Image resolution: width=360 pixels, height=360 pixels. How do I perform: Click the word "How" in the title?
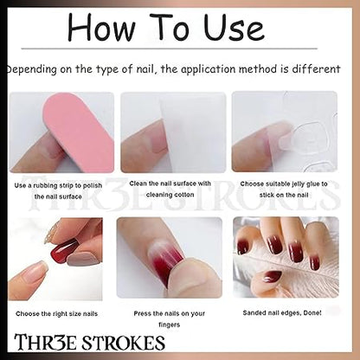point(101,27)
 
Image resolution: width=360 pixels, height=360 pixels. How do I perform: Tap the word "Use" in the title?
point(234,27)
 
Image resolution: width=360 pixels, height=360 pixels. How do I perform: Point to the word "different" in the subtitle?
point(316,69)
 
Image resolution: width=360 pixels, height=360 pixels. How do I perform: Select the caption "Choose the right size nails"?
point(57,313)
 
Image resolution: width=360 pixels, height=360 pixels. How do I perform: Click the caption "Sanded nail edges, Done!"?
point(282,312)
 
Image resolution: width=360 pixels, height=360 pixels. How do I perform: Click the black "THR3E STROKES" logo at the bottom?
point(89,343)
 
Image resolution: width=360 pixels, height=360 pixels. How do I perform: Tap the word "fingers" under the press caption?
point(170,325)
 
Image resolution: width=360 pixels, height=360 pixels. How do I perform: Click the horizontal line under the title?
point(170,48)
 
